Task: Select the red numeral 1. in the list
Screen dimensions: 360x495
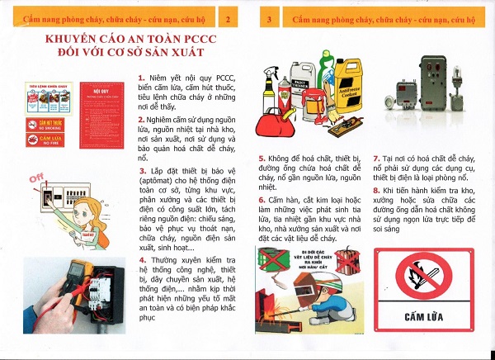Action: tap(141, 78)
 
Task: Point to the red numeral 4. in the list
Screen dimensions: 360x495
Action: tap(141, 260)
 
